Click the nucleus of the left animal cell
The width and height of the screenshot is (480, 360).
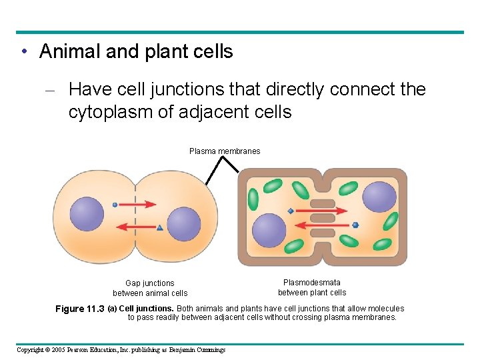point(87,213)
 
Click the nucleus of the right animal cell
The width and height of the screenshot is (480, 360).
point(183,224)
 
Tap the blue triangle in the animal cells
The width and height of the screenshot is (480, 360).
point(159,228)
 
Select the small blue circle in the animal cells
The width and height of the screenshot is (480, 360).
point(115,205)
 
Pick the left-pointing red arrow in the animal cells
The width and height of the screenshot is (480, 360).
point(133,228)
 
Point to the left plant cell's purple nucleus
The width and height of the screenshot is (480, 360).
point(269,230)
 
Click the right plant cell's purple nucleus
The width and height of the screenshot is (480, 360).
point(379,197)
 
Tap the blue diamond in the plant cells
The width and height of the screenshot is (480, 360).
point(291,211)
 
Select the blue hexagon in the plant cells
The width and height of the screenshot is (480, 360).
point(355,225)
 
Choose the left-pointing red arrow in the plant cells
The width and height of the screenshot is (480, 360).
point(327,225)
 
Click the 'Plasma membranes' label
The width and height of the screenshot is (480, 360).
point(225,151)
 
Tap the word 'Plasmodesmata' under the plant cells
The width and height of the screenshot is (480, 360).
point(312,283)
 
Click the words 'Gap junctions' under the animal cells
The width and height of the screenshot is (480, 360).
point(150,283)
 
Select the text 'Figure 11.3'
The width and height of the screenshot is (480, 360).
point(80,309)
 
